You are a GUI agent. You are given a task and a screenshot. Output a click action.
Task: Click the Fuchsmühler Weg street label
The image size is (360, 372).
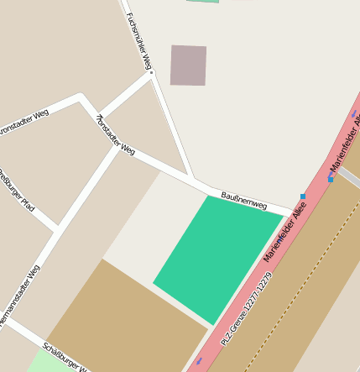[x=138, y=40]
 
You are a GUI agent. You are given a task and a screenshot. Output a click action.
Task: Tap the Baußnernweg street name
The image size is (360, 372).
[x=243, y=201]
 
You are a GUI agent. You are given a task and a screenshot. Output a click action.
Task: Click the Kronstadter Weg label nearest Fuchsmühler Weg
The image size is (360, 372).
[x=116, y=135]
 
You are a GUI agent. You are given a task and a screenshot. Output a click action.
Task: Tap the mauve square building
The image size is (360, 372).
[x=188, y=65]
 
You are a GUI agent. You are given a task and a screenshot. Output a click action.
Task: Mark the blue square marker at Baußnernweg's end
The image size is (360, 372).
[x=303, y=196]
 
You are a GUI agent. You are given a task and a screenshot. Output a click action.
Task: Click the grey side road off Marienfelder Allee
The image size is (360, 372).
[x=350, y=177]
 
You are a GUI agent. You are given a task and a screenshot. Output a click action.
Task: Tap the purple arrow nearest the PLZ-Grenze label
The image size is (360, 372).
[x=199, y=361]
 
